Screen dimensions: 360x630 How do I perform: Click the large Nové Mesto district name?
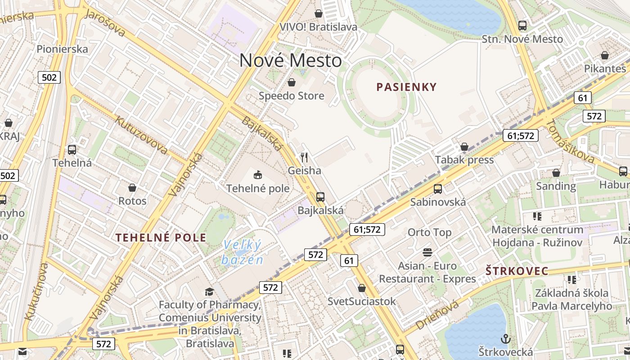coord(290,60)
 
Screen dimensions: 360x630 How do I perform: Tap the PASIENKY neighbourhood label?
coord(407,87)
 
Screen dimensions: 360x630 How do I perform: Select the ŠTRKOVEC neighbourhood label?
coord(517,271)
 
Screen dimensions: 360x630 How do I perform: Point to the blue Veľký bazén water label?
coord(242,252)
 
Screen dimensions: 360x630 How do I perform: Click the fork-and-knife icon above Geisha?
coord(305,157)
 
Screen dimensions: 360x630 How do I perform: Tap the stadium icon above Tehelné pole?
coord(258,175)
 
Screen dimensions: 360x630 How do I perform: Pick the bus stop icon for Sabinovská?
coord(438,189)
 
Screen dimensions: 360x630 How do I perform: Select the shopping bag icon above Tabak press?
coord(464,147)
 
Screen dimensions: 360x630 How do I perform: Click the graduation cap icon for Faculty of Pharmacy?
coord(209,292)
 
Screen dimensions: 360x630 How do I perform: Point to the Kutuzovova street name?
coord(141,135)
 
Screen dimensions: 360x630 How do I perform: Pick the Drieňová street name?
coord(437,315)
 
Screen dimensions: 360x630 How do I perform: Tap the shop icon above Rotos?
coord(132,187)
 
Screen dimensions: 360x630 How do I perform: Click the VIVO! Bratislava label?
coord(318,27)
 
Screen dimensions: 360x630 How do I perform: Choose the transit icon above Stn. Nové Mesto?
coord(522,26)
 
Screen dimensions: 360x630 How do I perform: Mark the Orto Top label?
coord(429,232)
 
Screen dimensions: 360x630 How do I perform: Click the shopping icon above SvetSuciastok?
coord(362,288)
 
